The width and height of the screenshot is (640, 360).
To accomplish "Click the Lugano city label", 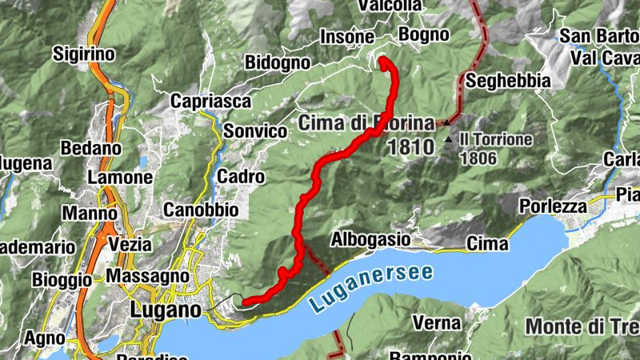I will coord(164,310).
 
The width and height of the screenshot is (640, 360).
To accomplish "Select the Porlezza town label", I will coord(552,206).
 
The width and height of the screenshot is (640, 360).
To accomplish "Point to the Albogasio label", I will coord(370,239).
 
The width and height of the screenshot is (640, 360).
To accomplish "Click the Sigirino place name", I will coord(84,54).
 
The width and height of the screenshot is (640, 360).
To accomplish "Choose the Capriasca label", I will coord(210,102).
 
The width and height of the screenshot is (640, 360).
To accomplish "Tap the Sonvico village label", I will coord(254,131).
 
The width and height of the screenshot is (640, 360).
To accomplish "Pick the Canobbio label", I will coord(201,210).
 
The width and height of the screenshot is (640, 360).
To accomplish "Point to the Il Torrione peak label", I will coord(495,139).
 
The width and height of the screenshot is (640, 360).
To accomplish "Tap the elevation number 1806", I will coord(478,158).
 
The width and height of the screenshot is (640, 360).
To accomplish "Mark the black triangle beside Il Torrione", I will coord(448,141).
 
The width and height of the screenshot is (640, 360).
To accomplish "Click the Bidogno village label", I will coord(278,62).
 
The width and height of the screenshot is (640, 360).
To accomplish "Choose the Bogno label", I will coord(423,34).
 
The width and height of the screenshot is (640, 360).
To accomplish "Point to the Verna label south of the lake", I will coord(438,323).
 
